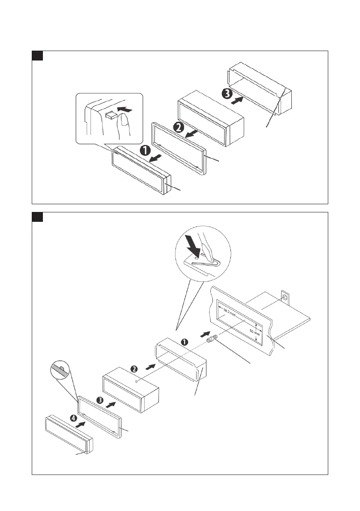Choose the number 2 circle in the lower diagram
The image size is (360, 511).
tap(134, 369)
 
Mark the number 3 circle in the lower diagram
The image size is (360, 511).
tap(100, 400)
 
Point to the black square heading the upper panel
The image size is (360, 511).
tap(37, 56)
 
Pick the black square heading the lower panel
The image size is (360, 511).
tap(37, 217)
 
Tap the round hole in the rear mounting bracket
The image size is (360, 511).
tap(284, 296)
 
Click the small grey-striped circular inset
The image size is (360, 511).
tap(59, 371)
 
